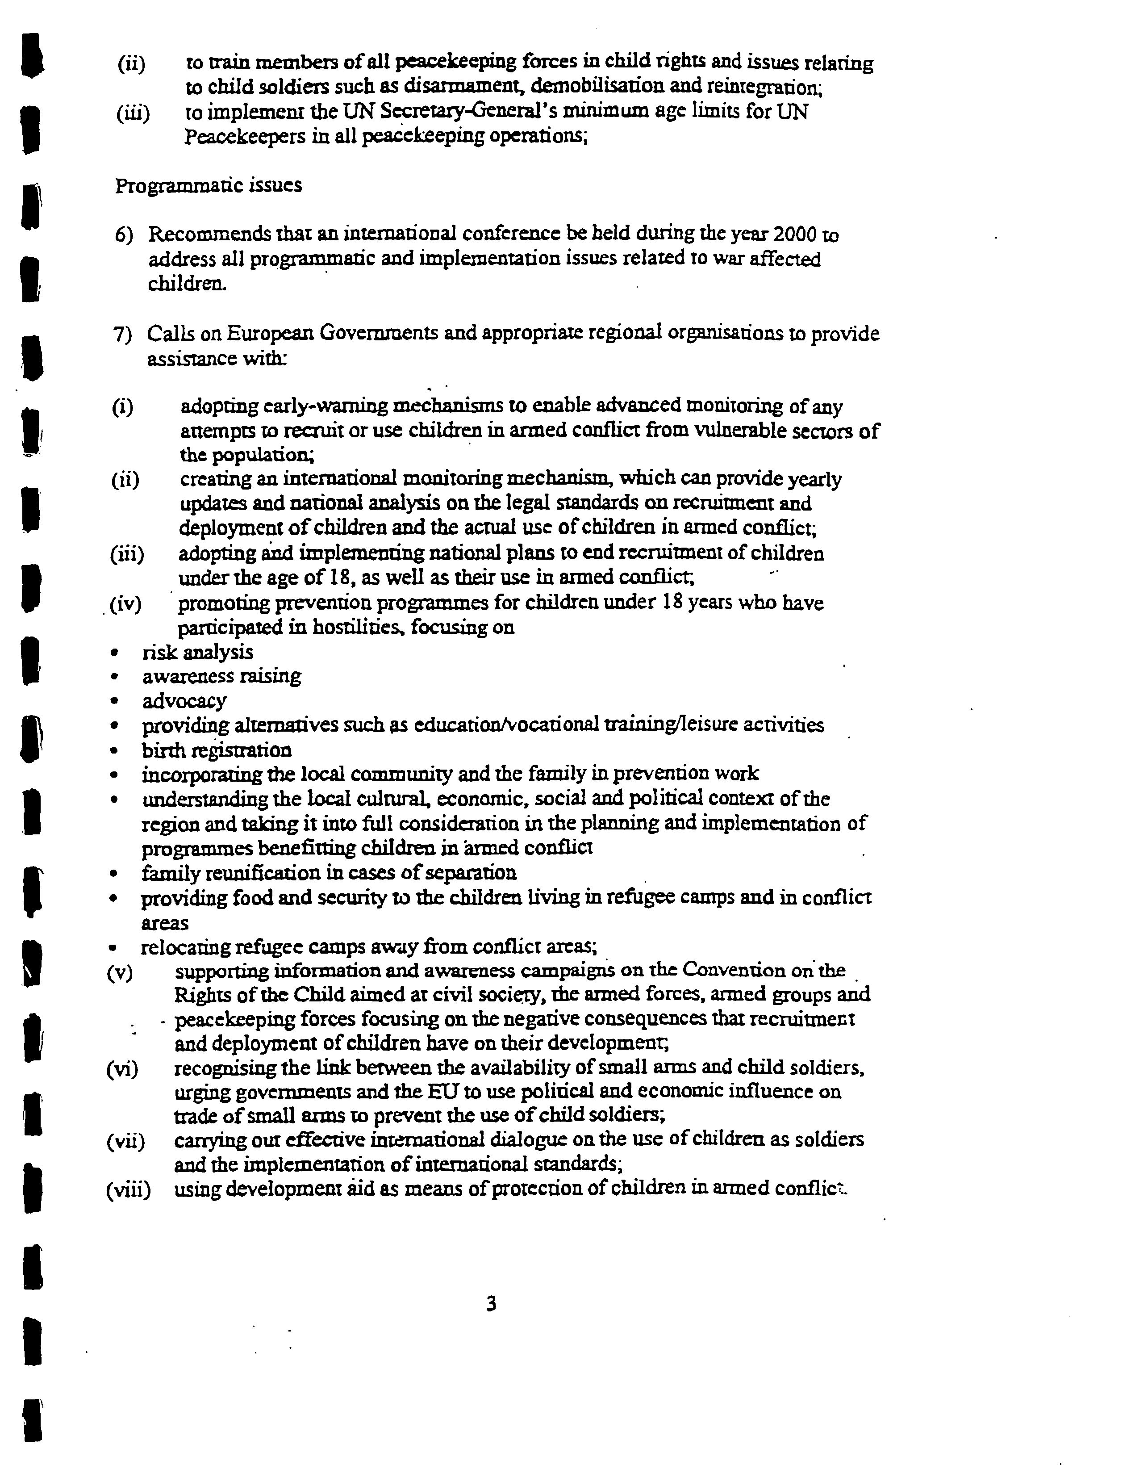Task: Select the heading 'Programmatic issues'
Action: click(x=208, y=186)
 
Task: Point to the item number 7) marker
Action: click(x=123, y=335)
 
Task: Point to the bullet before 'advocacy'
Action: click(x=116, y=701)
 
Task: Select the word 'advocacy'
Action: click(x=184, y=701)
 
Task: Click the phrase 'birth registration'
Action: click(x=217, y=750)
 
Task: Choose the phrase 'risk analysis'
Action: click(x=197, y=652)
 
